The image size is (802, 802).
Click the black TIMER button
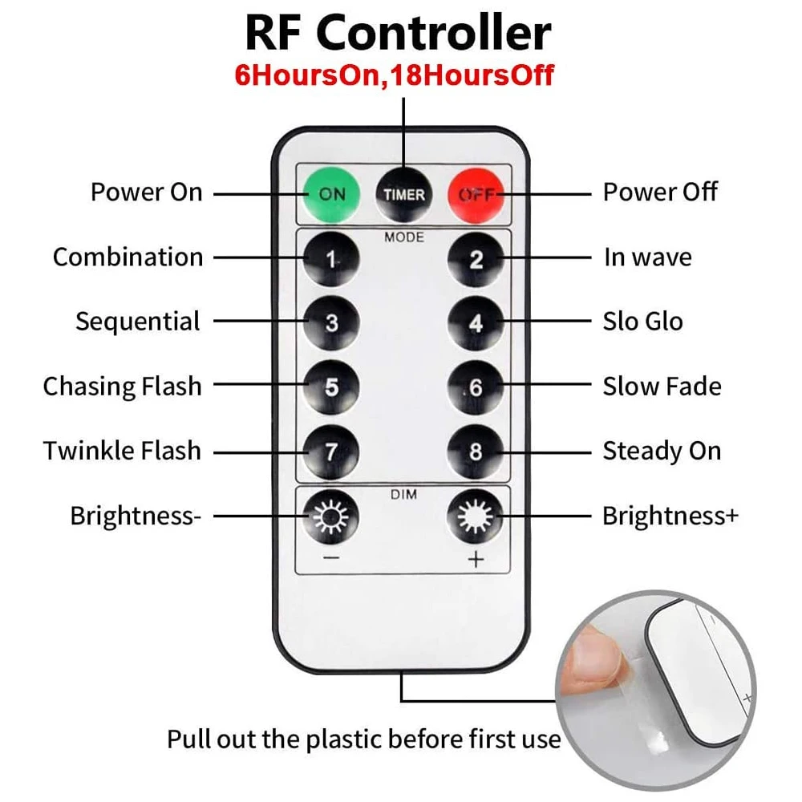(x=404, y=193)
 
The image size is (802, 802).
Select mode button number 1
(x=331, y=258)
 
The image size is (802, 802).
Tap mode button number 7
(x=331, y=452)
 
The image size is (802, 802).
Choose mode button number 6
(x=476, y=387)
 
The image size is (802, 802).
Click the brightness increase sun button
(x=476, y=516)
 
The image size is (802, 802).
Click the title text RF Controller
(x=398, y=33)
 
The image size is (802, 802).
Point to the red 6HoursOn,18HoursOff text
(x=394, y=75)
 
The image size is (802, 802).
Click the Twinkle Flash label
(x=122, y=451)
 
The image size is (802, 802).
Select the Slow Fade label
(x=662, y=387)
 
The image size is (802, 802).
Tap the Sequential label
(x=137, y=322)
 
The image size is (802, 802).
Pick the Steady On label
(x=662, y=451)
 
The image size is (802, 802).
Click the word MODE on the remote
(x=404, y=237)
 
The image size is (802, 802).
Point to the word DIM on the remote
(x=404, y=495)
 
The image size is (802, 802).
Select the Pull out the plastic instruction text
(x=363, y=739)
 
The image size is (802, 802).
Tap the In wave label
(x=647, y=257)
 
